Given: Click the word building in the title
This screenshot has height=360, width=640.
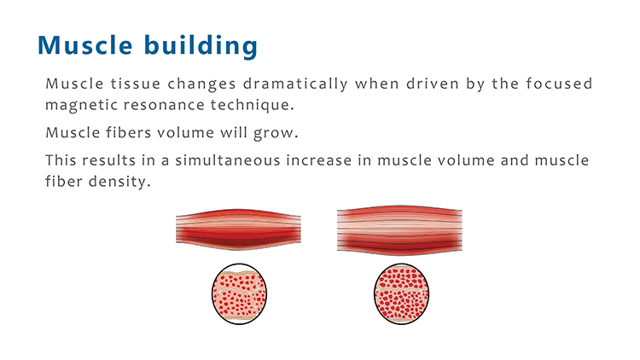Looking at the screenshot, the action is pos(201,45).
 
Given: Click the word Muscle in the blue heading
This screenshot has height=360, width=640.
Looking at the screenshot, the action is pos(84,44).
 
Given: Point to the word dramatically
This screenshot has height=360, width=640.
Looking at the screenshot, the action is pos(295,84).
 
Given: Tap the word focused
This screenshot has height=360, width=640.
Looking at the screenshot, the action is pos(559,84).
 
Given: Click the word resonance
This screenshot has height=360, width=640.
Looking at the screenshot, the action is pos(164,105).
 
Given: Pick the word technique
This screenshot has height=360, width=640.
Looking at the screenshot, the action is pos(253,105).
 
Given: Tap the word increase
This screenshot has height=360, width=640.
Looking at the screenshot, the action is pos(319,160).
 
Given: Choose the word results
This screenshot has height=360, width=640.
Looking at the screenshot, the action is pos(109,160).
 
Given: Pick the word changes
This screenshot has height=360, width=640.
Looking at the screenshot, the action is pos(201,84).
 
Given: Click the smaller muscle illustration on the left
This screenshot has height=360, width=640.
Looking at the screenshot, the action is pos(238,229).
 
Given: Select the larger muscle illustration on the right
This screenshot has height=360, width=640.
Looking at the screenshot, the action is pos(399,230).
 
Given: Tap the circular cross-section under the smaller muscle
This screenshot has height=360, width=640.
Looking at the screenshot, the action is pos(240,293).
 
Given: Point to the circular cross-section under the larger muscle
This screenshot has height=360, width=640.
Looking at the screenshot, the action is pos(402,293).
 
